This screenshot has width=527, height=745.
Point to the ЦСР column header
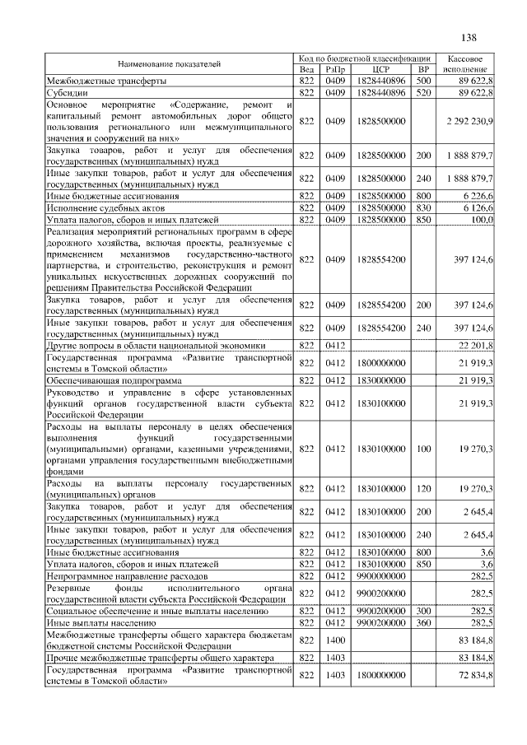(x=380, y=70)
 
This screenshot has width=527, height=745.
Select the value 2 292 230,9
(x=468, y=121)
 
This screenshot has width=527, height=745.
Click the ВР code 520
(x=423, y=93)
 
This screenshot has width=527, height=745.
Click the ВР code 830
(x=423, y=208)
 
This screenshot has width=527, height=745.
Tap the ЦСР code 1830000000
(x=381, y=380)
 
